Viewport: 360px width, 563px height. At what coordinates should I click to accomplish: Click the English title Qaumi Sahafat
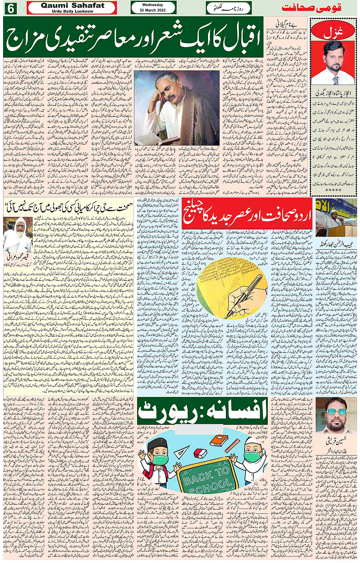tap(72, 5)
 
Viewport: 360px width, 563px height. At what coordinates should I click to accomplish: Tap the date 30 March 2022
tap(153, 10)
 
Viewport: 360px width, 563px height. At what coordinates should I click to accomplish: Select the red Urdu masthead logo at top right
tap(311, 8)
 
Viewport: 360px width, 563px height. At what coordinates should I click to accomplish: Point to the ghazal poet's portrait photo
tap(333, 63)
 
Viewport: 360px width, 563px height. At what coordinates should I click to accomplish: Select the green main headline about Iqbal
tap(133, 37)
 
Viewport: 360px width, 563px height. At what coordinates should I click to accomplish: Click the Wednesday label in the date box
tap(153, 5)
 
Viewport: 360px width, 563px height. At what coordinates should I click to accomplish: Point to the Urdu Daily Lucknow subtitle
tap(72, 11)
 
